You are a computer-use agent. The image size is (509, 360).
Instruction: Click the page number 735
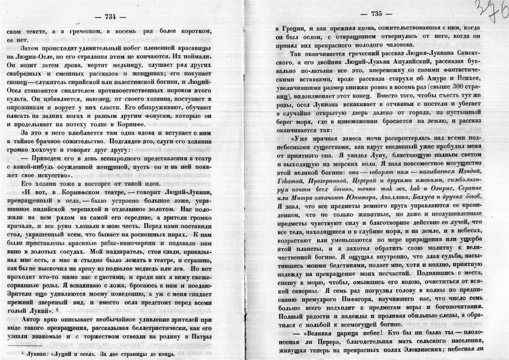tap(376, 14)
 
